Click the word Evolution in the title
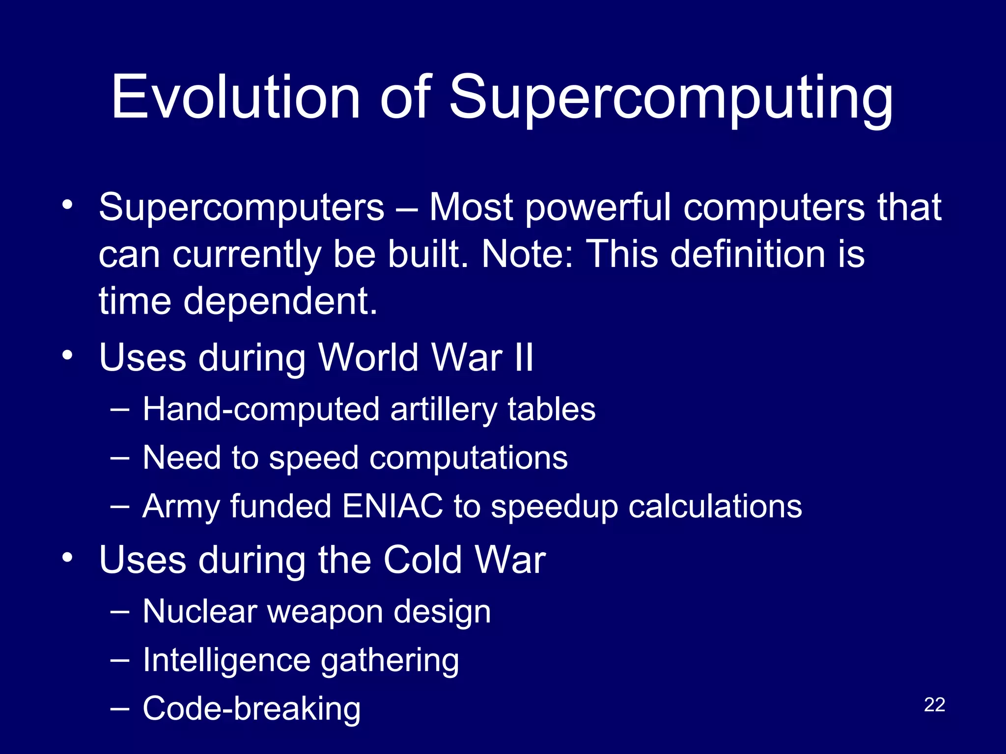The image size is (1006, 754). pyautogui.click(x=236, y=97)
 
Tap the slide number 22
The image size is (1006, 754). pyautogui.click(x=934, y=704)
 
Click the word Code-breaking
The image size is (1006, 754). pyautogui.click(x=251, y=709)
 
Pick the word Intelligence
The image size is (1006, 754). pyautogui.click(x=226, y=661)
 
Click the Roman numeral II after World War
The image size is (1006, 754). pyautogui.click(x=524, y=357)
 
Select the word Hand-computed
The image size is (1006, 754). pyautogui.click(x=261, y=410)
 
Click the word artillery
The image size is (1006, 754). pyautogui.click(x=444, y=410)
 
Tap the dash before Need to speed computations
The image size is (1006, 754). pyautogui.click(x=120, y=458)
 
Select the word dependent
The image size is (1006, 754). pyautogui.click(x=280, y=301)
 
